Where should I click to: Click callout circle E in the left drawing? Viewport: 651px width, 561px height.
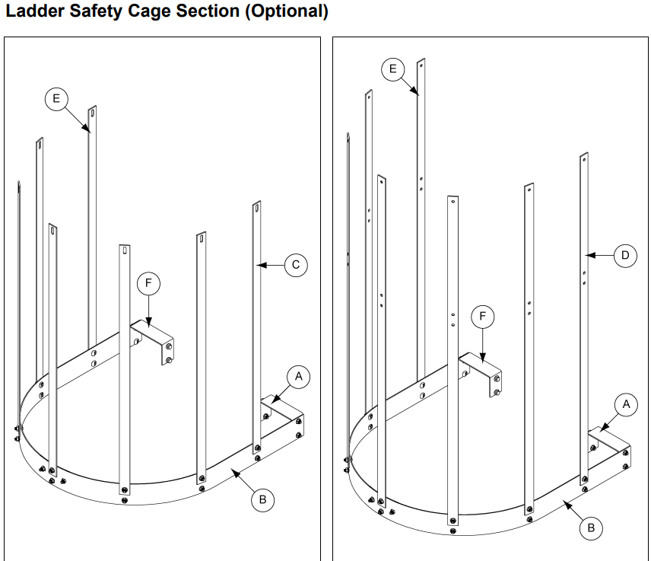[x=56, y=99]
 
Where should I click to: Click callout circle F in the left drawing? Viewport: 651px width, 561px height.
[x=148, y=283]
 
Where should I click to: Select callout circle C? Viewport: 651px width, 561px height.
[x=296, y=265]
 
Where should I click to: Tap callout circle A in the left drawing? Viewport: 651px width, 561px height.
[x=298, y=376]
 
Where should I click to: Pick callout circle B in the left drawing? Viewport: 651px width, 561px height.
[x=263, y=499]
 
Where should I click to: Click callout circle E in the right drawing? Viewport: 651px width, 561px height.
[x=392, y=69]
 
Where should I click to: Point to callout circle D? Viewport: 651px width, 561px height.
[x=625, y=255]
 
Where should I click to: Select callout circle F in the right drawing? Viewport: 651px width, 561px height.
[x=482, y=316]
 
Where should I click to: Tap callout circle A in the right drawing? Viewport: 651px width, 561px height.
[x=626, y=404]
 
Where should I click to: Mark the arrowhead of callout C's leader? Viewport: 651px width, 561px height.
[x=260, y=265]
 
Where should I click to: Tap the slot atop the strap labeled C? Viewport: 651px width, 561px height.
[x=257, y=206]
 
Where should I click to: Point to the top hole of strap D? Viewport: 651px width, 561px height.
[x=584, y=158]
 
